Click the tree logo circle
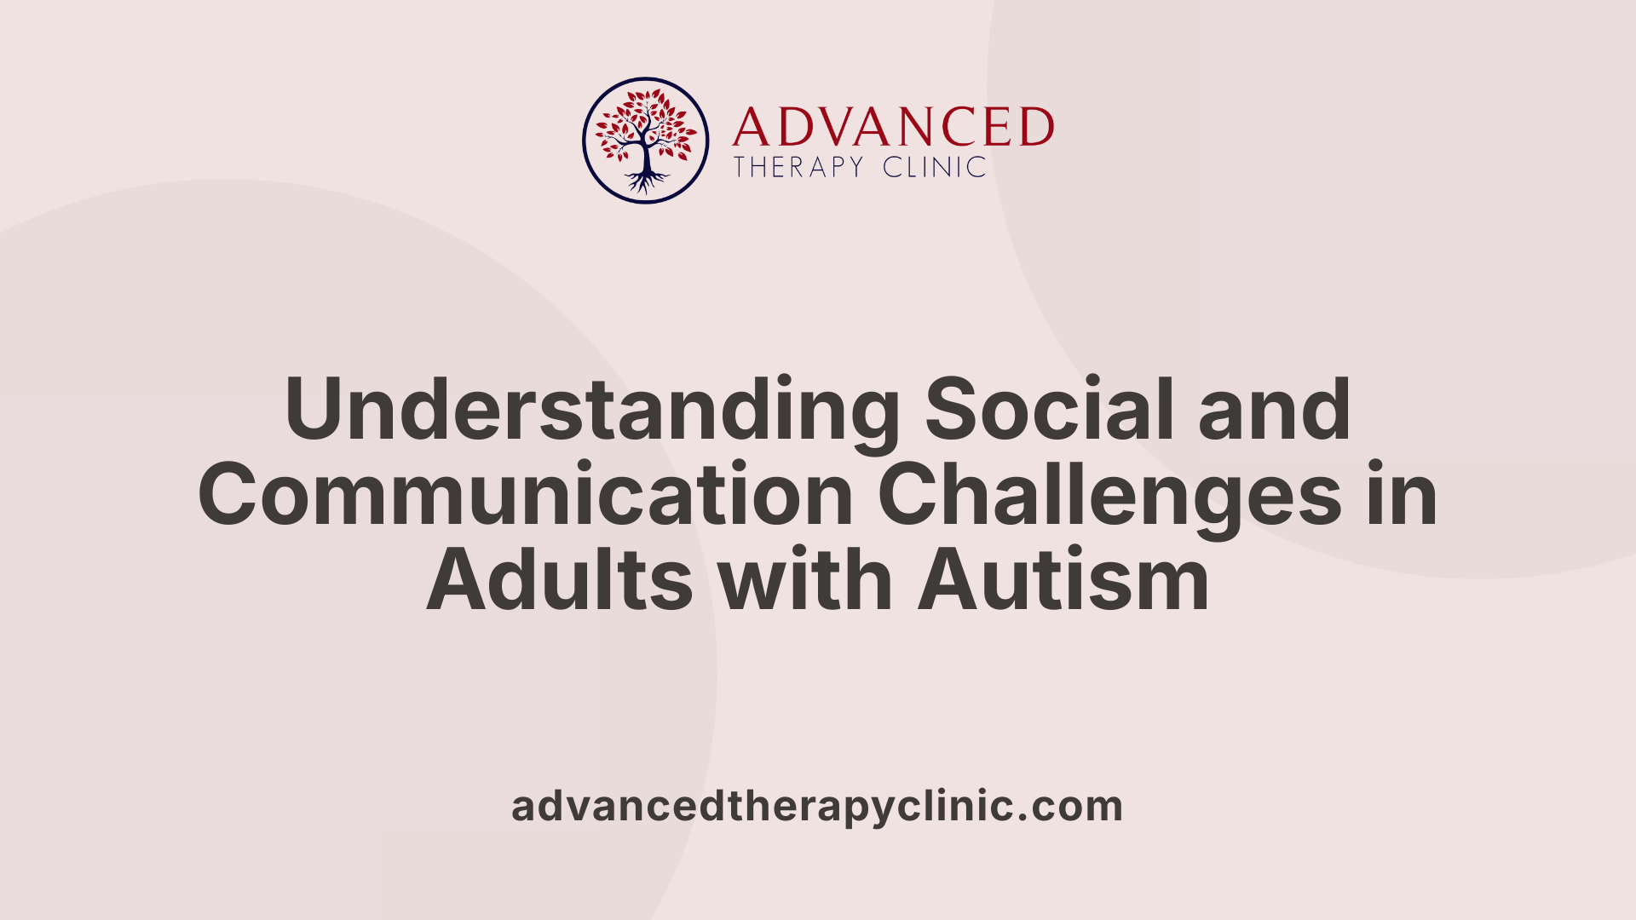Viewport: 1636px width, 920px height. [x=645, y=141]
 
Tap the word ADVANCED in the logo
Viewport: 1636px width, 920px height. [x=893, y=128]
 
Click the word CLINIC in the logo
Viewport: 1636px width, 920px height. [x=934, y=167]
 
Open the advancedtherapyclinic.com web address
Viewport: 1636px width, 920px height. [x=817, y=807]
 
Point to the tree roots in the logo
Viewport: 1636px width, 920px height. [x=647, y=181]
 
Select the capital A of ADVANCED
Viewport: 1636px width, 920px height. [x=750, y=128]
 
